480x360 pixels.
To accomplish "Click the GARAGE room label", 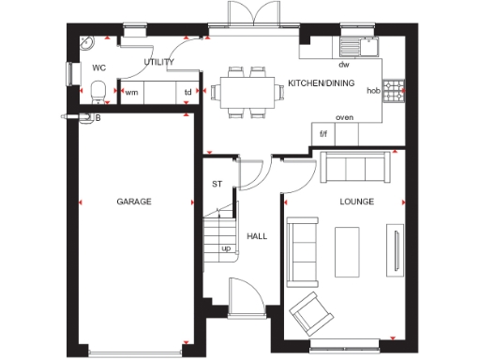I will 134,202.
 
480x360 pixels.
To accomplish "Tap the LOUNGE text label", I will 357,202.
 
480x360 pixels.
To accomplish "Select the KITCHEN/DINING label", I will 320,83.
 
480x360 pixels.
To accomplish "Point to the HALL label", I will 255,236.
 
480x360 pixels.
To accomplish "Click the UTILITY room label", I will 158,61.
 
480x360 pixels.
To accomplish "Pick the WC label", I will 98,67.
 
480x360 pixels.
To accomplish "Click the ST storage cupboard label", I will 217,184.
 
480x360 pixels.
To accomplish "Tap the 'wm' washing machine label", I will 131,92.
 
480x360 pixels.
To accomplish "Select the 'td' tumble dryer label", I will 187,92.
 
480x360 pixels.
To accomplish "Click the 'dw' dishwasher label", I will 344,65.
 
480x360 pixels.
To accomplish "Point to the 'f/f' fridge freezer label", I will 323,134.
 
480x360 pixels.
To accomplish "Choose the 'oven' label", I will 344,117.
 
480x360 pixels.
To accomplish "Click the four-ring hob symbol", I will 397,90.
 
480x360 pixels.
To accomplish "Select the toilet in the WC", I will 98,91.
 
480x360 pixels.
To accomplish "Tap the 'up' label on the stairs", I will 226,248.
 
